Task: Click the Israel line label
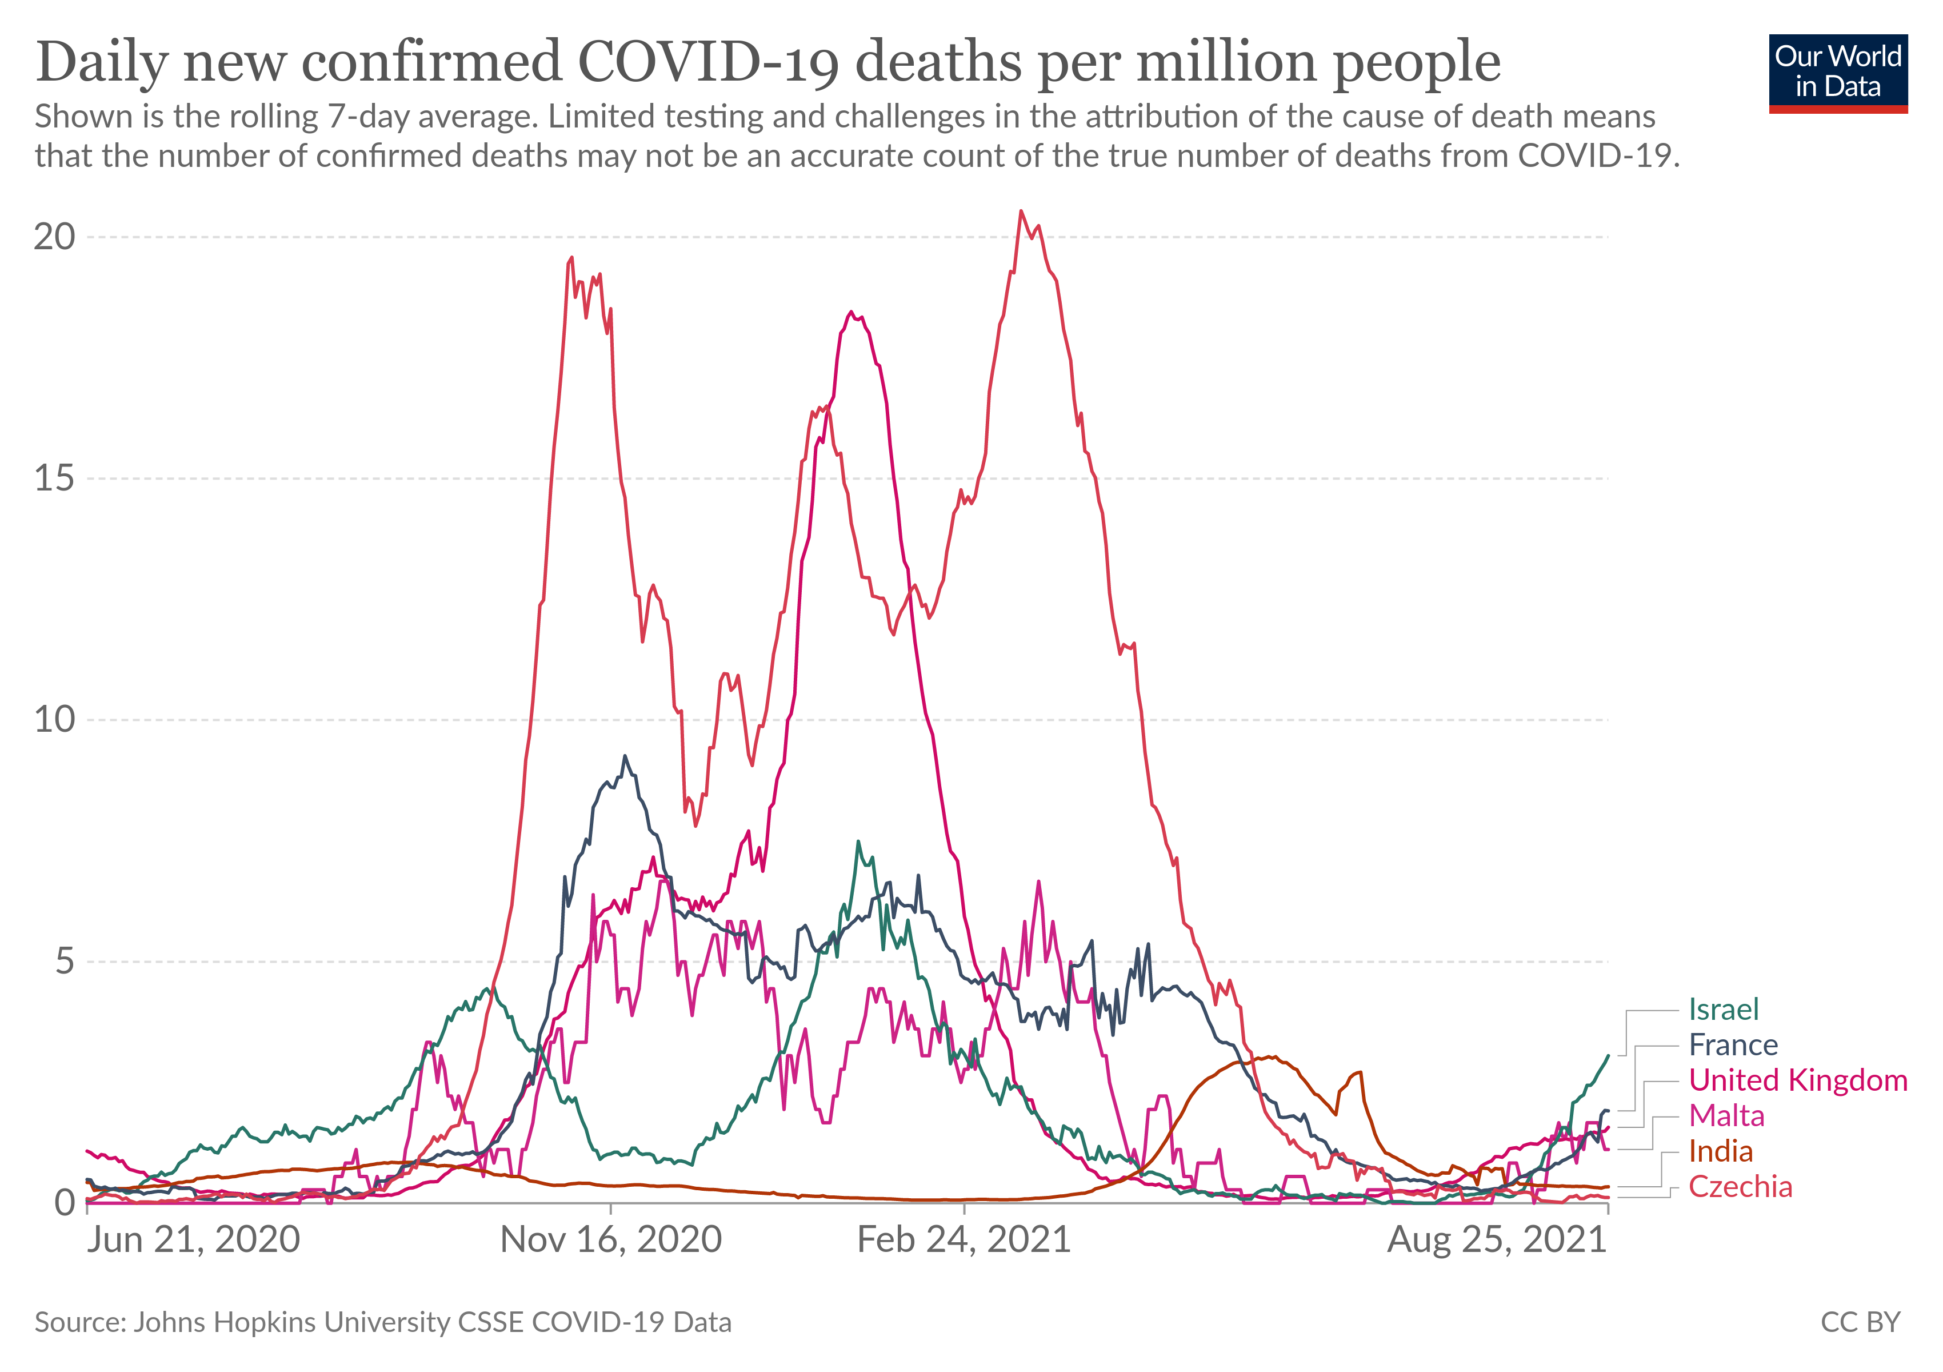[1723, 1009]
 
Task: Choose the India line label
[1721, 1151]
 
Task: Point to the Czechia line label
[1740, 1187]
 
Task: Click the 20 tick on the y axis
[54, 237]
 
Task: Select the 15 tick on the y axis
[54, 478]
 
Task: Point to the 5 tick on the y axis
[65, 962]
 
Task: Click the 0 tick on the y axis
[65, 1203]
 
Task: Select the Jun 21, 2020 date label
[194, 1240]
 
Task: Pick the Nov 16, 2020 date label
[611, 1240]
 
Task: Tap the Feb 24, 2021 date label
[964, 1240]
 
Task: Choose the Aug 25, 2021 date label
[1496, 1240]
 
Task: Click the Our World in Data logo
[1837, 73]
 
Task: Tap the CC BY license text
[1860, 1322]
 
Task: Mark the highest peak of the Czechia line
[1021, 211]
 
